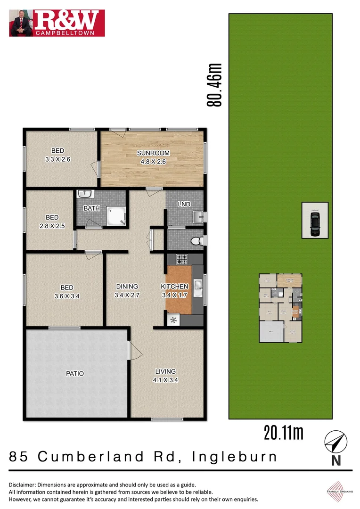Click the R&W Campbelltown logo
(x=57, y=23)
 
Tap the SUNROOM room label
(x=153, y=153)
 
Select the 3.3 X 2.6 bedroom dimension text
(x=57, y=159)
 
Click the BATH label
(x=91, y=208)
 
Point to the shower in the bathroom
(x=115, y=215)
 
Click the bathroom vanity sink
(x=85, y=194)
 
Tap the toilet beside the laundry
(x=197, y=241)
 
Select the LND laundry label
(x=183, y=204)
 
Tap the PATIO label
(x=75, y=373)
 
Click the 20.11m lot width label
(x=283, y=432)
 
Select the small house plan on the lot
(x=281, y=308)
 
